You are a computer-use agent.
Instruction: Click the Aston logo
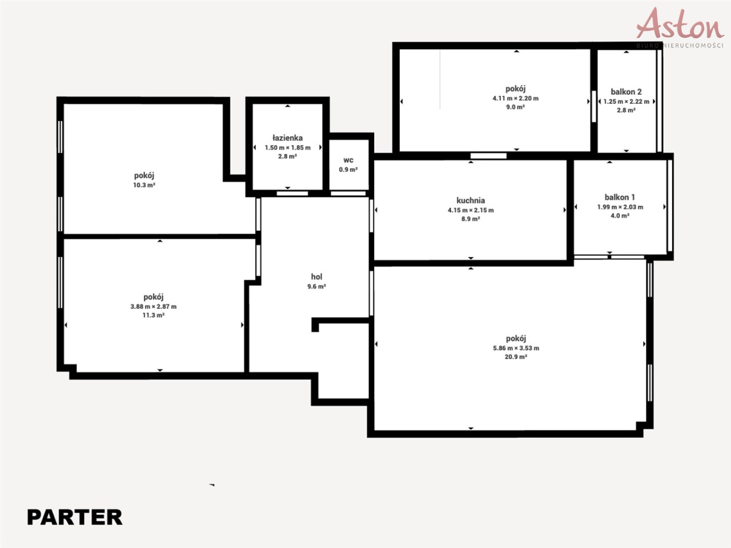click(680, 27)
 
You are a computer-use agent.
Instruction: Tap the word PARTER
click(75, 517)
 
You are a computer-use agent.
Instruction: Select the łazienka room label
click(287, 138)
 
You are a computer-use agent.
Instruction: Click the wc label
click(348, 160)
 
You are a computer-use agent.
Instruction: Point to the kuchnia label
click(471, 200)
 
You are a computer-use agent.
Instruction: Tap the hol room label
click(316, 276)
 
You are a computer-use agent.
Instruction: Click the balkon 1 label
click(620, 198)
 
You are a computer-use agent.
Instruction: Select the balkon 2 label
click(626, 92)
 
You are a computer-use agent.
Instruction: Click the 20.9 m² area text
click(516, 357)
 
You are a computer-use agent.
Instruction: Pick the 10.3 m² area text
click(144, 185)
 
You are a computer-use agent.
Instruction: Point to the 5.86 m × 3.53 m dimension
click(516, 348)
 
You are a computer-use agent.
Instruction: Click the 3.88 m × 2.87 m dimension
click(154, 307)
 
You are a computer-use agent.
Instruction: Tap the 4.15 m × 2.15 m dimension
click(471, 210)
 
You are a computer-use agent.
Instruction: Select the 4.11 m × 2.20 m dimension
click(516, 99)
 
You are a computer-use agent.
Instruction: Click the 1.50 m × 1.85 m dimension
click(287, 148)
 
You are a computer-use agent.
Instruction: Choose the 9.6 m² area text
click(316, 287)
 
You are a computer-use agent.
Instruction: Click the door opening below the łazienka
click(292, 194)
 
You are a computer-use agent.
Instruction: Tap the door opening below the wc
click(348, 194)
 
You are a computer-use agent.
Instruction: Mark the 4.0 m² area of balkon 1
click(620, 216)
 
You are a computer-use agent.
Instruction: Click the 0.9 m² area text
click(348, 170)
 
